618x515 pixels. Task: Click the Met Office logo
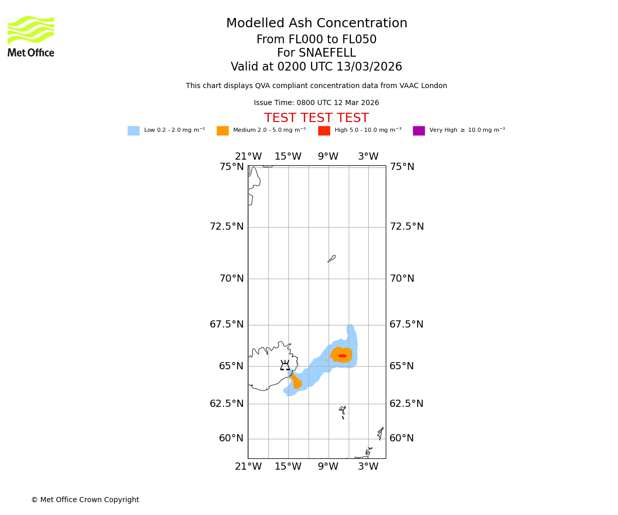(31, 37)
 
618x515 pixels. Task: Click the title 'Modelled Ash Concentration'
(316, 24)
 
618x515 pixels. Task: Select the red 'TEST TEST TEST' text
(316, 118)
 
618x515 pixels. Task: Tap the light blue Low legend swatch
(133, 131)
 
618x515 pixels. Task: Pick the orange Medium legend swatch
(222, 131)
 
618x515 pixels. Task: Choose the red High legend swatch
(324, 131)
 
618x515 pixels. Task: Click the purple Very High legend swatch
(419, 131)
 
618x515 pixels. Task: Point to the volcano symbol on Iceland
(285, 366)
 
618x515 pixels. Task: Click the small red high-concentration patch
(342, 356)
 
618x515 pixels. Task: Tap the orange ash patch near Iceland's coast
(296, 382)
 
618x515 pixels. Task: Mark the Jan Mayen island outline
(332, 259)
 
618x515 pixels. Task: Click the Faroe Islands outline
(343, 411)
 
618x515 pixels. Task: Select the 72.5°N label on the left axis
(227, 227)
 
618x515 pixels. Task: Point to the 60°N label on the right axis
(402, 438)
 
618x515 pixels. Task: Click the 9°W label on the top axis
(328, 157)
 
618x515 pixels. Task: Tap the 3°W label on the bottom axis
(368, 467)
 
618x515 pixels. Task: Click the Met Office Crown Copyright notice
(85, 500)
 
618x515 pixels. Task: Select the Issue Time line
(316, 103)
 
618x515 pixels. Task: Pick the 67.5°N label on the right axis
(406, 324)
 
